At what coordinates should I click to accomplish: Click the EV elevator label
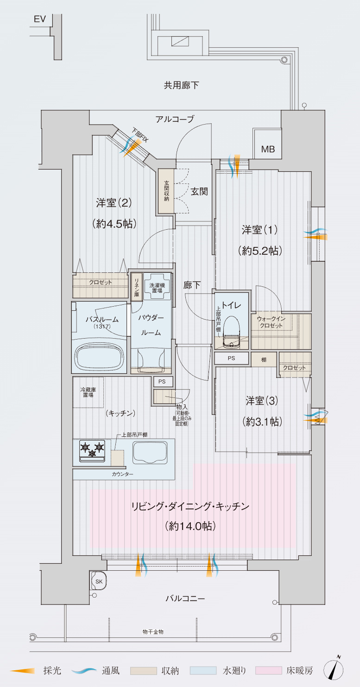coord(39,19)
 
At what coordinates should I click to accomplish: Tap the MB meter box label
coord(268,149)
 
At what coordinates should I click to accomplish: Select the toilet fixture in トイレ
coord(232,332)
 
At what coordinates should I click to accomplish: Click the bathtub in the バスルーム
coord(100,357)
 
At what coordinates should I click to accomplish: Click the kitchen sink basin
coord(150,453)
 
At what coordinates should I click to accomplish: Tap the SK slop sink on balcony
coord(99,580)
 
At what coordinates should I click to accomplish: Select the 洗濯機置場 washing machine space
coord(157,286)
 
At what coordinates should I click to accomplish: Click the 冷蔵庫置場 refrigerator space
coord(88,392)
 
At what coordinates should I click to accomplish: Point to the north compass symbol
coord(334,671)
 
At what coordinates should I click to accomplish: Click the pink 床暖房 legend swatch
coord(269,670)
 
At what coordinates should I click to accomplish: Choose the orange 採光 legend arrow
coord(22,671)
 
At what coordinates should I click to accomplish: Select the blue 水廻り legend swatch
coord(203,670)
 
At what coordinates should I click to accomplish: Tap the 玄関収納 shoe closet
coord(166,191)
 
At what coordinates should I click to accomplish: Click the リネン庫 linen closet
coord(137,286)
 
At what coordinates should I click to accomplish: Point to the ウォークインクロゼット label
coord(271,322)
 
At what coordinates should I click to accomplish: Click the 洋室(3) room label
coord(262,401)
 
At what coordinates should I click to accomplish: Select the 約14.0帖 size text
coord(190,526)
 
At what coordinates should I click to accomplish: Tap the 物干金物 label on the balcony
coord(153,632)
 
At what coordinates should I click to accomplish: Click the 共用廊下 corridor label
coord(181,85)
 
